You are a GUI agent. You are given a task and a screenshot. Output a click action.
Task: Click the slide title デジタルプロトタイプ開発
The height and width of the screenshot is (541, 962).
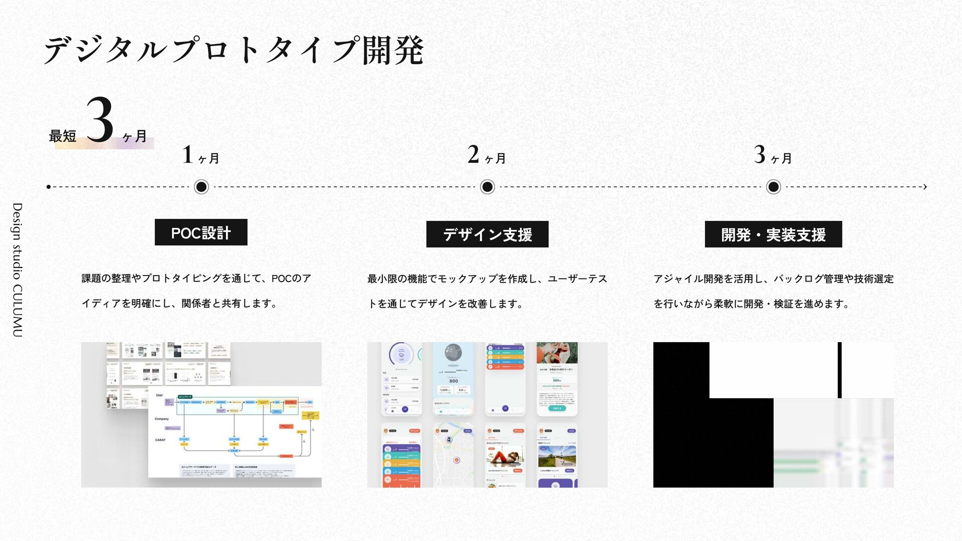233,51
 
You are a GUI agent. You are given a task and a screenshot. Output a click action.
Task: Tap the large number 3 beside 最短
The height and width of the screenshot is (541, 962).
100,120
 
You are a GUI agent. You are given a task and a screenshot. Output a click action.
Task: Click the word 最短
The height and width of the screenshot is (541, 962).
63,136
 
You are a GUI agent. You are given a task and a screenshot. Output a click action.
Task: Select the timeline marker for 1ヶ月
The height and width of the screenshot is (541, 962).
201,187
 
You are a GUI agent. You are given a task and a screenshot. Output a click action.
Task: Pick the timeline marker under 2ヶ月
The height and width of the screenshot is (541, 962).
487,187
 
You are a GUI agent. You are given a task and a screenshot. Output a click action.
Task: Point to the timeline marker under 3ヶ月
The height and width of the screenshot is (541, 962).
773,187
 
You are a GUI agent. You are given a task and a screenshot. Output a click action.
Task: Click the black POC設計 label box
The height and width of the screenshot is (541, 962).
201,232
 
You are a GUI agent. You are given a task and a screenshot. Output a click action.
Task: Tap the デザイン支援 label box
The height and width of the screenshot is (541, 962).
487,234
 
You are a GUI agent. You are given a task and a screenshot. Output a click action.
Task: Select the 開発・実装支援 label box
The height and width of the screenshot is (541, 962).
773,234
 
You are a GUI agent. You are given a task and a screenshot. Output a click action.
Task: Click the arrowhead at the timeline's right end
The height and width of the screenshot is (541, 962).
924,187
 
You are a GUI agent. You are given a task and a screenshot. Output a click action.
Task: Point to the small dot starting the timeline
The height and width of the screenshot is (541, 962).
49,187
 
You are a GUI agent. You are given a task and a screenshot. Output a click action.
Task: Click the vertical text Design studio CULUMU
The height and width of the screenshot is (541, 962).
18,269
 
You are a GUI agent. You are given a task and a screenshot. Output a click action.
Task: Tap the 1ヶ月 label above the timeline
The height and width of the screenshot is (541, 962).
201,155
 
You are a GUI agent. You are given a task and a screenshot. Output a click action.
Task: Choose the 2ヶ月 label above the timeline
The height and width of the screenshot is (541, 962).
487,155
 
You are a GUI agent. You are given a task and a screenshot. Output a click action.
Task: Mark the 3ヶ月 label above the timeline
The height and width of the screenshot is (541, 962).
773,155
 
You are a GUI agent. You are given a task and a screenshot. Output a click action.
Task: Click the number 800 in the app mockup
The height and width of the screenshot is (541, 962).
453,381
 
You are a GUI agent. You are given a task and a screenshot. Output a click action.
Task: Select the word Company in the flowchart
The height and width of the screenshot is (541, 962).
161,419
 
